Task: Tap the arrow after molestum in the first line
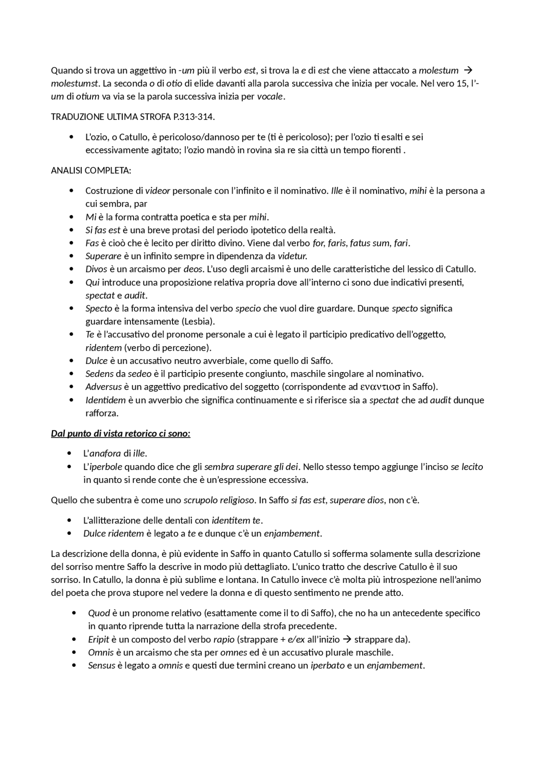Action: [469, 70]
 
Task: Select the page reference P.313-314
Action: [193, 117]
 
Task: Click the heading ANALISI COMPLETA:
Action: [91, 171]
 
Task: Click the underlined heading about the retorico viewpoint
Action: [121, 433]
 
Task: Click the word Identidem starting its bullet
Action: [106, 400]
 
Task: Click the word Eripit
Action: [98, 640]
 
